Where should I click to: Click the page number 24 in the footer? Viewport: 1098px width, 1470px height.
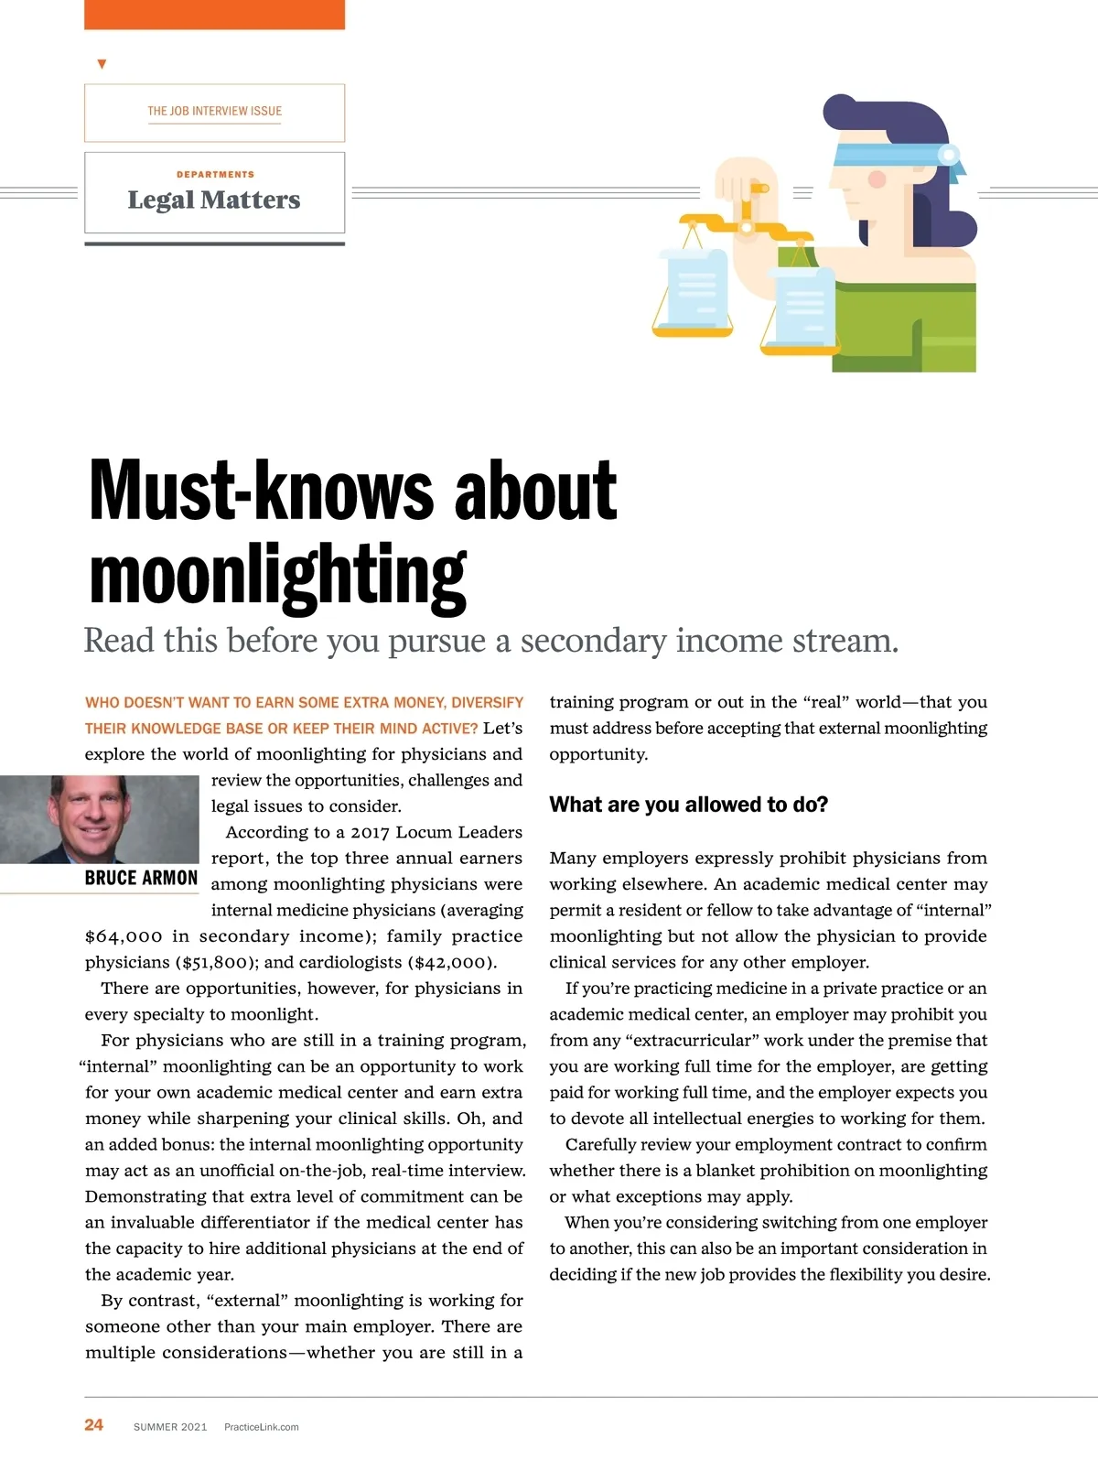tap(93, 1424)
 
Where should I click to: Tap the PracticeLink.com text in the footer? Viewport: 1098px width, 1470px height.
tap(261, 1427)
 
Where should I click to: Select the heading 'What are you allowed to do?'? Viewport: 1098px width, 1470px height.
tap(688, 805)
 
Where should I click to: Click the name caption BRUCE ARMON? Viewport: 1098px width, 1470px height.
tap(141, 878)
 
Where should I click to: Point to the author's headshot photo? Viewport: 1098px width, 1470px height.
tap(99, 819)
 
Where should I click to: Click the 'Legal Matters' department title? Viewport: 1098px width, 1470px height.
tap(214, 200)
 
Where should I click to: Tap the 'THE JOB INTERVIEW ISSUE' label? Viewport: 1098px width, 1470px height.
tap(214, 111)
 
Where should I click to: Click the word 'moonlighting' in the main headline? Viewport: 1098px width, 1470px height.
tap(278, 575)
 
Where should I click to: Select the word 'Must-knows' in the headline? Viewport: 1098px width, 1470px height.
tap(262, 491)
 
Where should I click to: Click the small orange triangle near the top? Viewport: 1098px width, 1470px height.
tap(102, 64)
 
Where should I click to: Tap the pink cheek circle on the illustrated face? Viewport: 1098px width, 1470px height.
tap(877, 178)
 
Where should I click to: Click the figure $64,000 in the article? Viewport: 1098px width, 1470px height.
tap(124, 936)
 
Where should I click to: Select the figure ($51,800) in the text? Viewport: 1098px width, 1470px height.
tap(219, 962)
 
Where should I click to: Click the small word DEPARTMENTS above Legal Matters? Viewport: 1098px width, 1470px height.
tap(215, 174)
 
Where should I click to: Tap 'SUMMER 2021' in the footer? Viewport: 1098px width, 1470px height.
tap(170, 1427)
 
